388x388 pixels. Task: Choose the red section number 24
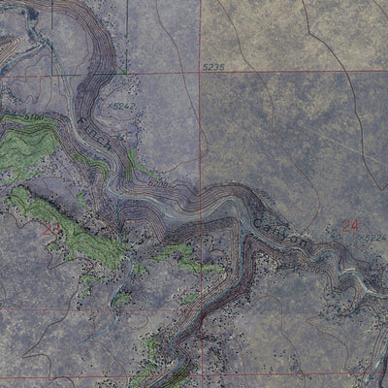coord(350,225)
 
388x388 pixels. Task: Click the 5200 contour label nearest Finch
coord(158,181)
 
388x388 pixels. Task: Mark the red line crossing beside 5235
coord(201,72)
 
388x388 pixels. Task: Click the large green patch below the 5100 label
coord(24,150)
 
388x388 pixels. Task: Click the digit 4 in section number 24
coord(355,225)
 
